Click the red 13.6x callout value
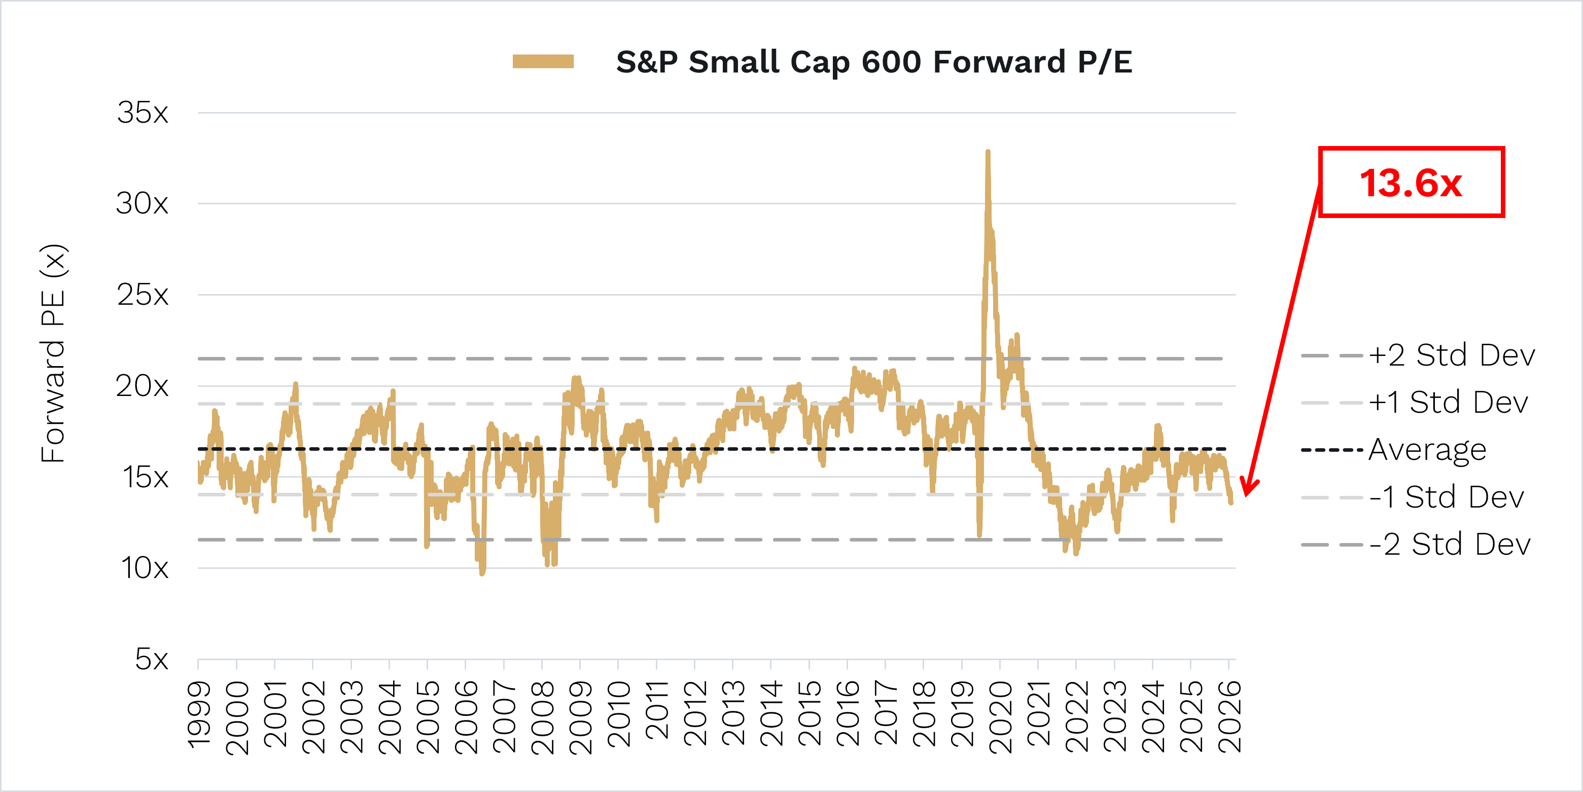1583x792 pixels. tap(1411, 183)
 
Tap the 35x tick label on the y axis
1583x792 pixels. tap(143, 113)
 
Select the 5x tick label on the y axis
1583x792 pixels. tap(152, 659)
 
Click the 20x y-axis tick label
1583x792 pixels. tap(142, 386)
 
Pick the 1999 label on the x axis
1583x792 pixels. tap(198, 716)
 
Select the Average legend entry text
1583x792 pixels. tap(1427, 450)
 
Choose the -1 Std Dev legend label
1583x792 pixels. tap(1447, 497)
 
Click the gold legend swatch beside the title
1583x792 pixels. tap(543, 61)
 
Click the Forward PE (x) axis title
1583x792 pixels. tap(53, 353)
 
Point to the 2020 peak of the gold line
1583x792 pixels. tap(988, 152)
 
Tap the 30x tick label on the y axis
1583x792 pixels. tap(142, 203)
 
